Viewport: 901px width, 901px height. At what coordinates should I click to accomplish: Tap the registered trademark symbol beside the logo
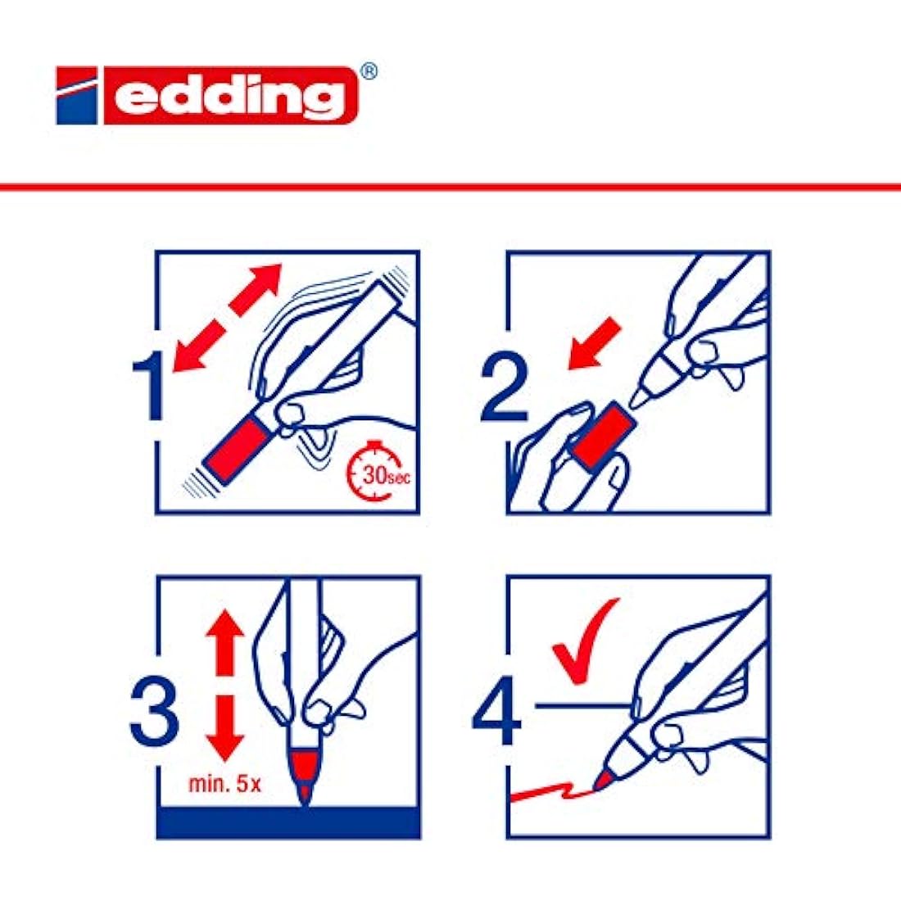[369, 72]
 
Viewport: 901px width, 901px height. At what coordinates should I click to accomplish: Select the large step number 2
[504, 388]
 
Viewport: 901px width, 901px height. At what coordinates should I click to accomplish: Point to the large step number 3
[154, 713]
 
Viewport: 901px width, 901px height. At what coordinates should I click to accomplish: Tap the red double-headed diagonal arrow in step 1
[227, 318]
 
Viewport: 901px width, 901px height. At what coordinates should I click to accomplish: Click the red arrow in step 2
[594, 344]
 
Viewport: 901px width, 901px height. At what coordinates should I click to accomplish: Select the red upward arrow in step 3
[224, 642]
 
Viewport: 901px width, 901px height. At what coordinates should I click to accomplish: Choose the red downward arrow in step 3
[224, 727]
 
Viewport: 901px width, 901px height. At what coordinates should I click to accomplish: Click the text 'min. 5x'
[224, 784]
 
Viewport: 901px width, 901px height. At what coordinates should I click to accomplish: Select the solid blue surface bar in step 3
[288, 822]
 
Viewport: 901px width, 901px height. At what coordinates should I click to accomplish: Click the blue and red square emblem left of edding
[77, 95]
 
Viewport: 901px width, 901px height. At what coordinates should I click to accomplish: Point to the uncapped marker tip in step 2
[638, 397]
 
